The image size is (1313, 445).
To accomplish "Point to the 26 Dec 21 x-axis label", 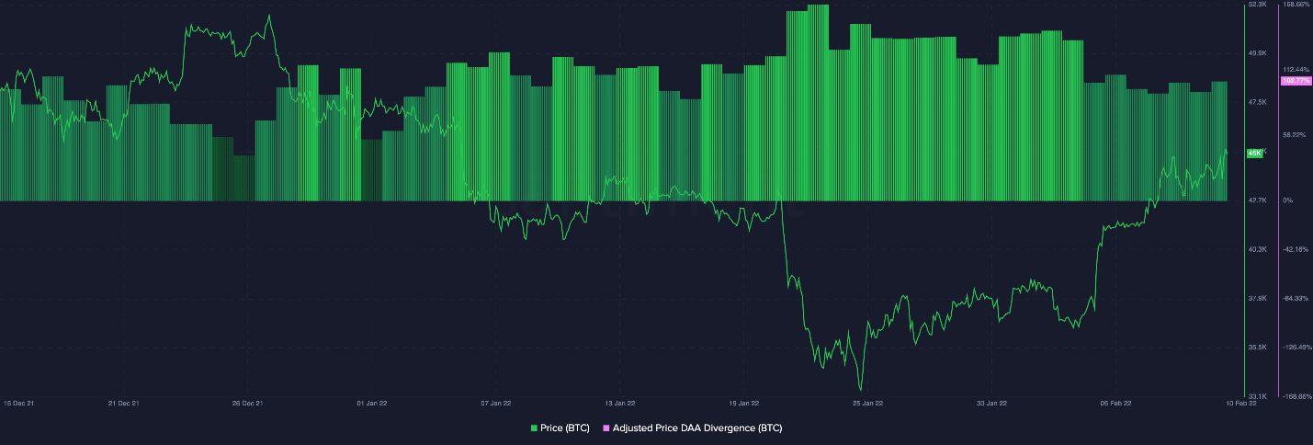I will (247, 403).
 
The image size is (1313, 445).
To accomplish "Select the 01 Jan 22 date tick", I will (371, 403).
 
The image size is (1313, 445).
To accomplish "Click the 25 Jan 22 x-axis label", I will (867, 403).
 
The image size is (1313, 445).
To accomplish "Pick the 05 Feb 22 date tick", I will (1115, 403).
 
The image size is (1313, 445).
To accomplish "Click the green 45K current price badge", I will (1254, 153).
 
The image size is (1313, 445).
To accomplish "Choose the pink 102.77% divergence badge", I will (1296, 81).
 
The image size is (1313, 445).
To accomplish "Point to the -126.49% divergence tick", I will (1296, 348).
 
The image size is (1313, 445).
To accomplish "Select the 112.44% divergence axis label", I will (1296, 69).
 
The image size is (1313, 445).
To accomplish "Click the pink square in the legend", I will (605, 428).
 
